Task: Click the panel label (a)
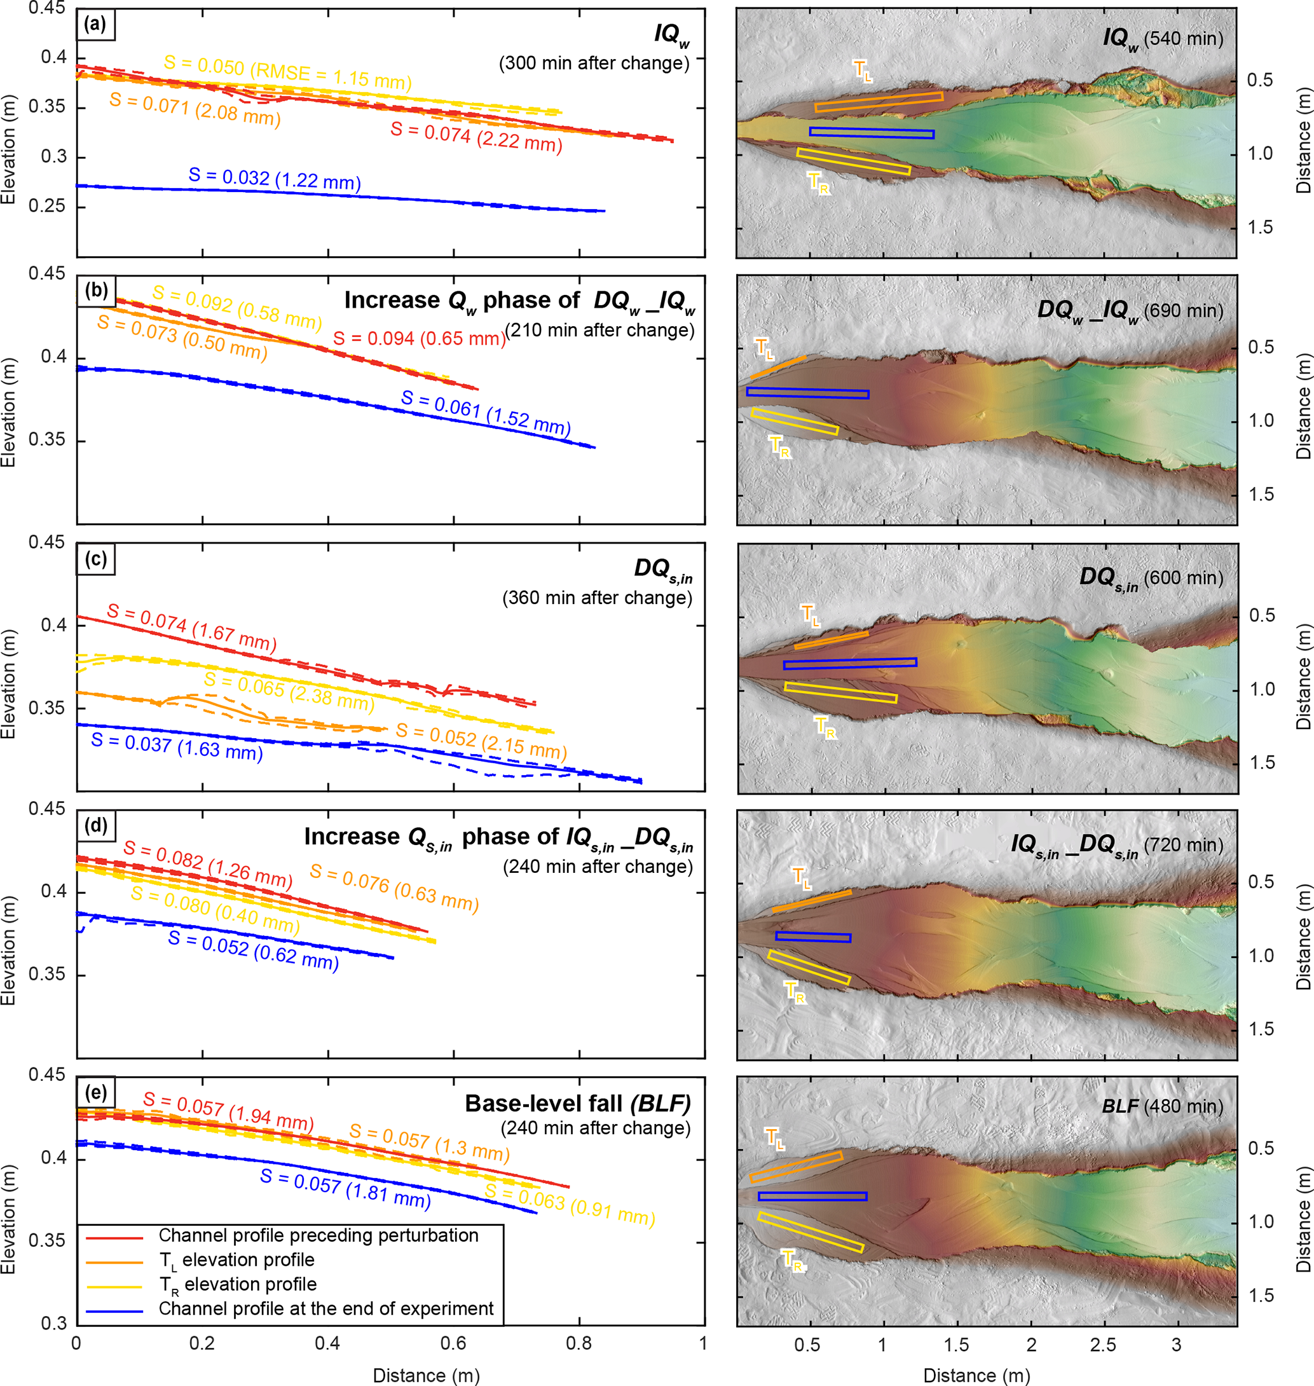point(95,25)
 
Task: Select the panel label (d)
point(96,826)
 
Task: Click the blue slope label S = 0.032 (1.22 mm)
point(275,179)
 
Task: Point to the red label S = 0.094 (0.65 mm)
point(419,338)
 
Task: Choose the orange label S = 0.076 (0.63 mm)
point(394,888)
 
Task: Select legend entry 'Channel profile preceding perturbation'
point(318,1235)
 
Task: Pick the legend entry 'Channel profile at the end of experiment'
point(325,1308)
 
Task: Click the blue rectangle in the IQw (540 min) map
point(872,133)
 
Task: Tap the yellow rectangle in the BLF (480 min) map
point(811,1232)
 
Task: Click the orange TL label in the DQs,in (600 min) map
point(810,615)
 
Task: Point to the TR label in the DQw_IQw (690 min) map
point(779,446)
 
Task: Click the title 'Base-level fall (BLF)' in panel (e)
point(577,1104)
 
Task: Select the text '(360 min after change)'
point(597,598)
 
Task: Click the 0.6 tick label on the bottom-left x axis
point(453,1343)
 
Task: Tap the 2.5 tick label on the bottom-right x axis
point(1102,1345)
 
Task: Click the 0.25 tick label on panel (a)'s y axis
point(50,206)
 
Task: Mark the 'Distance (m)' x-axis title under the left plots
point(426,1375)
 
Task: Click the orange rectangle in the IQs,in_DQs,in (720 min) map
point(812,901)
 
